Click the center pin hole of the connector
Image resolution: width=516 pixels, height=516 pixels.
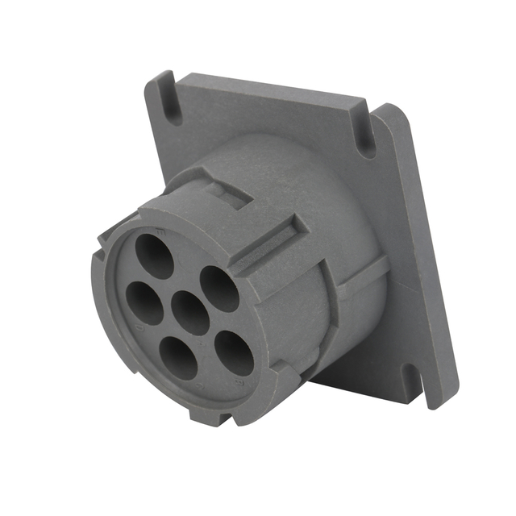(x=191, y=312)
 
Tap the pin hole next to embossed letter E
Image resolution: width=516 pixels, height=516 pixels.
(x=154, y=256)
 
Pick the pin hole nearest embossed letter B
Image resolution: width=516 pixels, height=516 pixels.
(x=235, y=352)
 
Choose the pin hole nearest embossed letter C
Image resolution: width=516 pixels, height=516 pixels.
(x=179, y=357)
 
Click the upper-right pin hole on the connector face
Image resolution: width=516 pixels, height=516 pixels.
(x=219, y=288)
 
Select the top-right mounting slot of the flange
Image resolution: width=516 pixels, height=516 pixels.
(x=364, y=138)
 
